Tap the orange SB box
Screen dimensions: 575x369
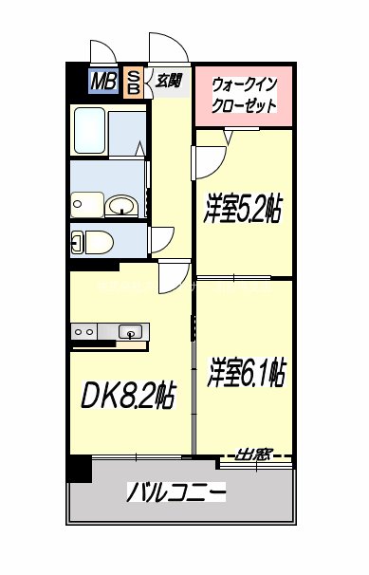(x=134, y=83)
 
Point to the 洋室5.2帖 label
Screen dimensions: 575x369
(x=243, y=208)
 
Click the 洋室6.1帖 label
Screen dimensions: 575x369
(x=245, y=373)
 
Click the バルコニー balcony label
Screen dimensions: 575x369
(x=176, y=492)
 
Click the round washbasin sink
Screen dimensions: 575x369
(x=120, y=205)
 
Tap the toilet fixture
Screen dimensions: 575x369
(x=96, y=241)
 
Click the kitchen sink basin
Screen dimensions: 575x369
(x=131, y=331)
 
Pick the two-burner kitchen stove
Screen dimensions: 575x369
(x=83, y=331)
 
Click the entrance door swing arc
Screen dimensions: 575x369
(x=165, y=47)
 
